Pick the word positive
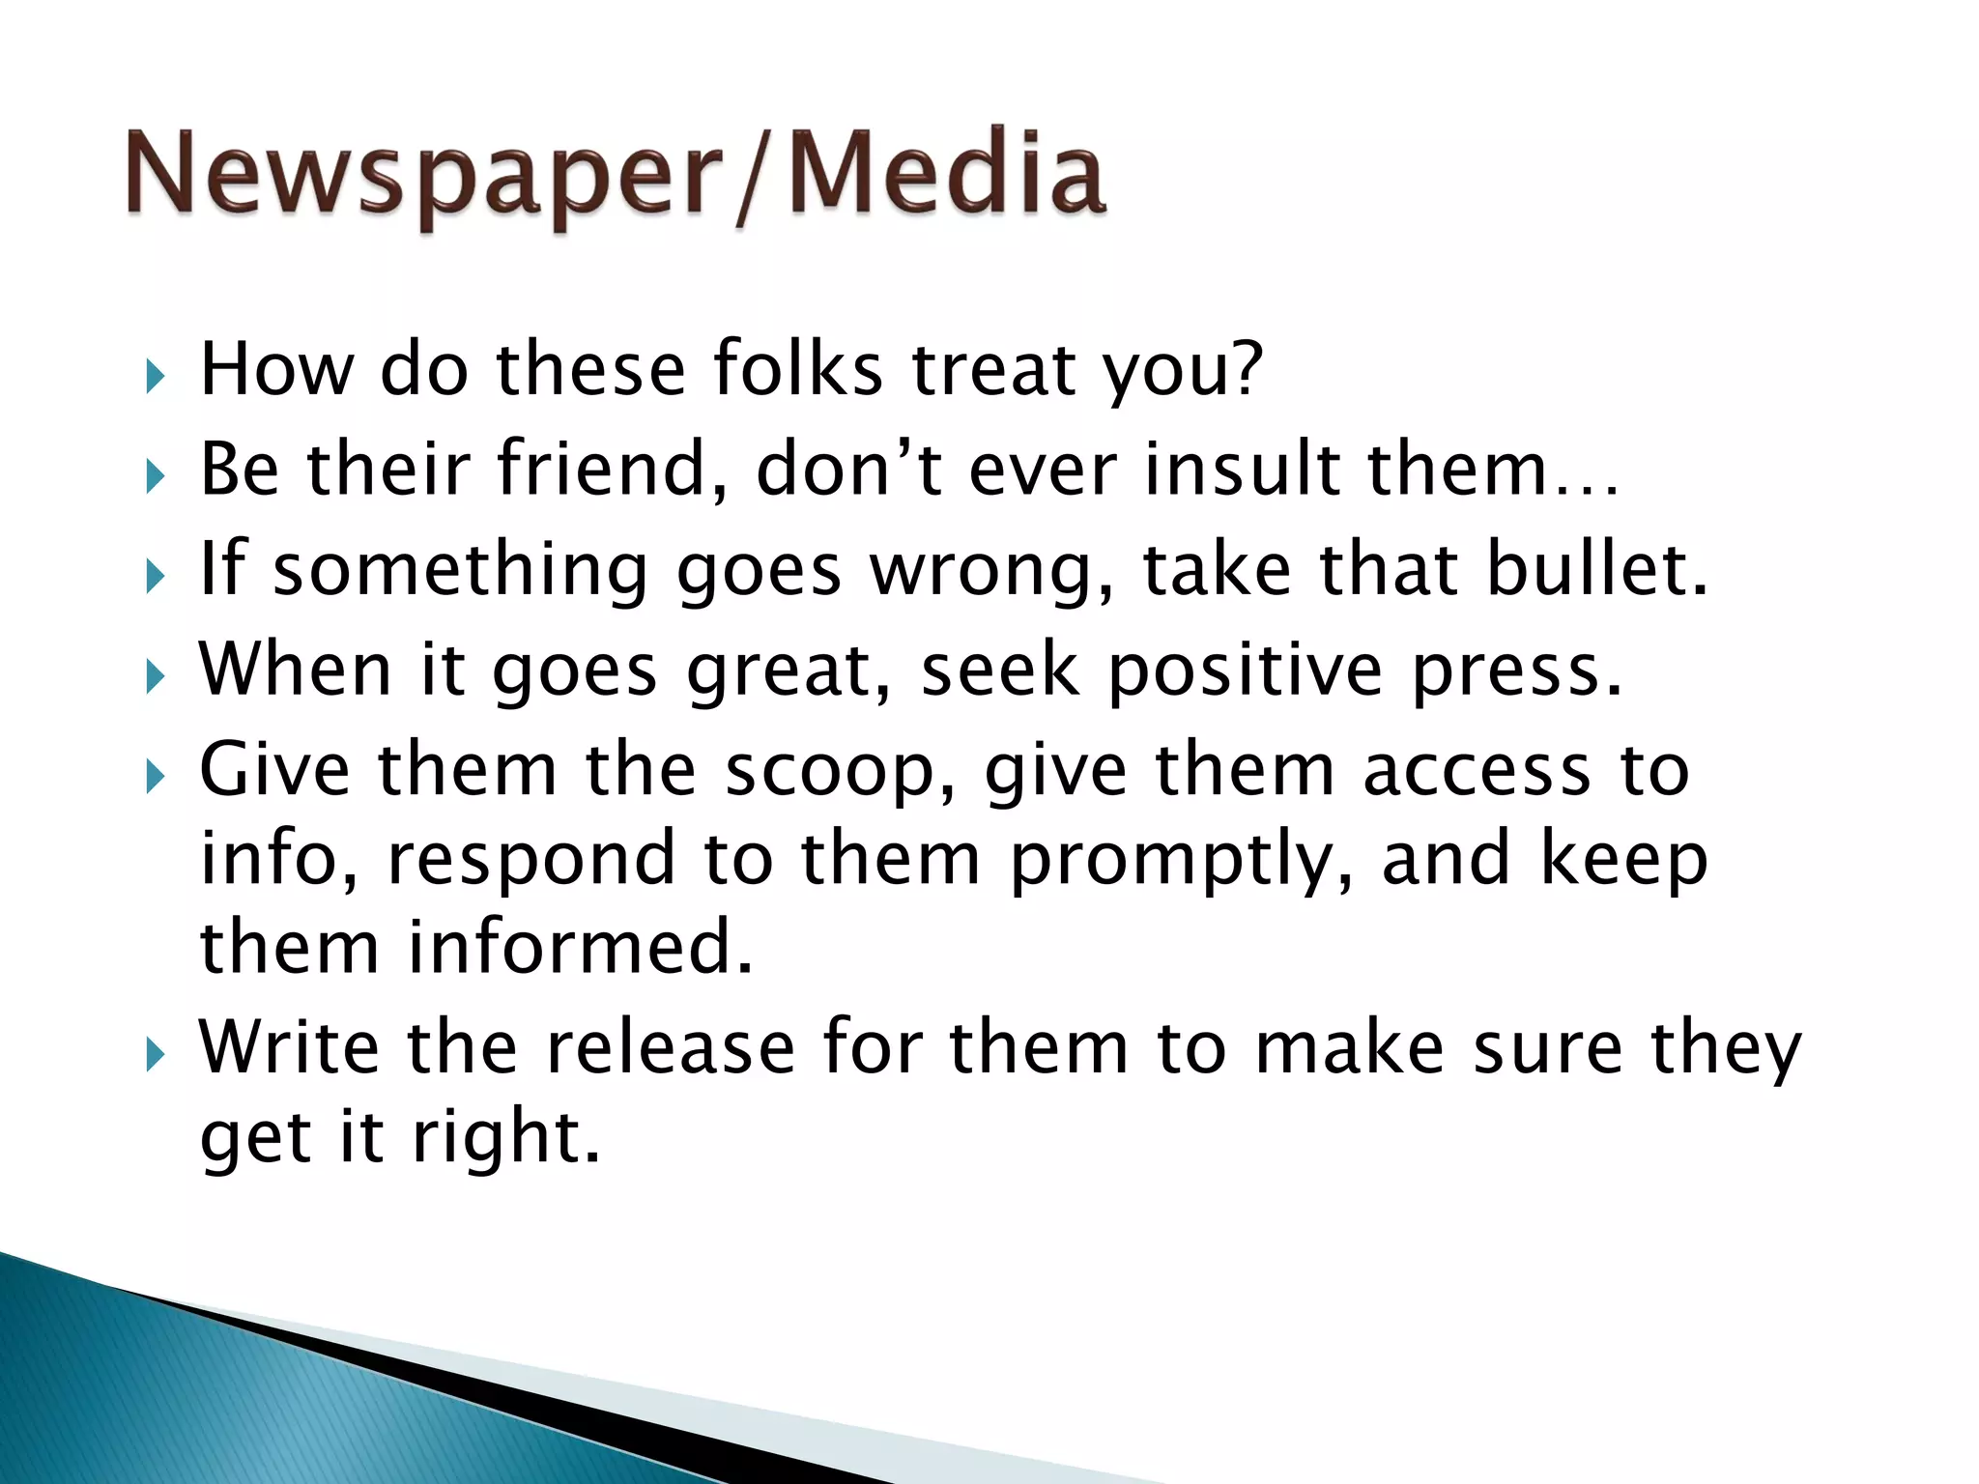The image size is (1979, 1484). tap(1245, 671)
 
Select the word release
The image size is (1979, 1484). tap(670, 1047)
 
